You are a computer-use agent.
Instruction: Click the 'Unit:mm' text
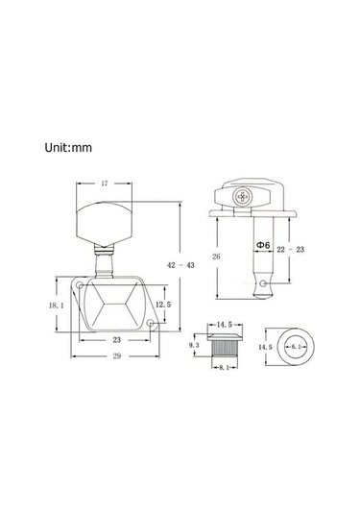coord(68,148)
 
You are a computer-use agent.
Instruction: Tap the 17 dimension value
coord(105,184)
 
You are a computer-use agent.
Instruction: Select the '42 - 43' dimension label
coord(180,265)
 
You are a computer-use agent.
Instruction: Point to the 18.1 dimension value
coord(57,306)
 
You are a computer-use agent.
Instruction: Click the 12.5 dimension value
coord(163,305)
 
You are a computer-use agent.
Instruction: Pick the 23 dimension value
coord(117,340)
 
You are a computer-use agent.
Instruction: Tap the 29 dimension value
coord(117,356)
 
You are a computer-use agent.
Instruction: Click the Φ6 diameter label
coord(263,245)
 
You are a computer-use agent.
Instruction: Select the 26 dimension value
coord(216,257)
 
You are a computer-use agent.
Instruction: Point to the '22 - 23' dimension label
coord(291,250)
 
